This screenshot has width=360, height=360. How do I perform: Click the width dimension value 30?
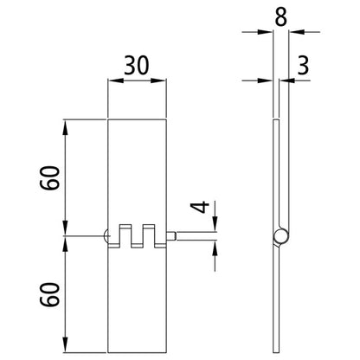pyautogui.click(x=136, y=67)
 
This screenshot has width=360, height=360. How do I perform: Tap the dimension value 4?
pyautogui.click(x=199, y=209)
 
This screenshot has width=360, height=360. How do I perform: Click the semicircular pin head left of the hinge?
pyautogui.click(x=105, y=235)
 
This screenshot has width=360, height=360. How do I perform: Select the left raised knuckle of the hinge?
pyautogui.click(x=125, y=232)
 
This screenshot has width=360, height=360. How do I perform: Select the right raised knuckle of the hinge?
pyautogui.click(x=149, y=232)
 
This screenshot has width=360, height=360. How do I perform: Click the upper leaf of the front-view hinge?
pyautogui.click(x=137, y=173)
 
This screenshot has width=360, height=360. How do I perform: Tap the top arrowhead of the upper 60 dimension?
pyautogui.click(x=66, y=123)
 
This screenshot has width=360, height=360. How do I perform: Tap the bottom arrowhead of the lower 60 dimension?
pyautogui.click(x=66, y=350)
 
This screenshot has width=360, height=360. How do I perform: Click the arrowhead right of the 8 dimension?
pyautogui.click(x=293, y=34)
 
